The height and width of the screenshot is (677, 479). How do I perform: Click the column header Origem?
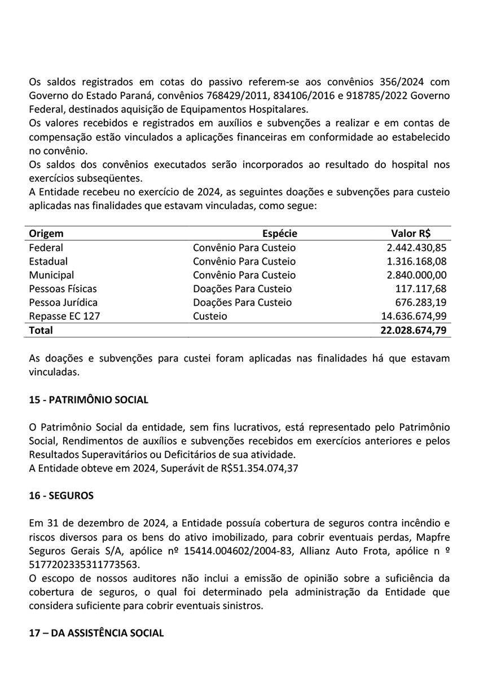click(46, 234)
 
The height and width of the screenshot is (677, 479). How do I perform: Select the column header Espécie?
click(279, 234)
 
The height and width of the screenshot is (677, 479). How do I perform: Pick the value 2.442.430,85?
click(416, 248)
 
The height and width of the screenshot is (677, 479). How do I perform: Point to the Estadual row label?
click(48, 261)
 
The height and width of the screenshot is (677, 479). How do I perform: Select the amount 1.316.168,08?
click(416, 261)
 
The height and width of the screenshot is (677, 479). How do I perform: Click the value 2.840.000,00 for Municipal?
click(416, 275)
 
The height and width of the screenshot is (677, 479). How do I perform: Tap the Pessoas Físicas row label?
click(63, 289)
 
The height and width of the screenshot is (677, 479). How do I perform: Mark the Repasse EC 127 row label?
click(64, 316)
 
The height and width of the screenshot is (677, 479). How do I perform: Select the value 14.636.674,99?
click(414, 316)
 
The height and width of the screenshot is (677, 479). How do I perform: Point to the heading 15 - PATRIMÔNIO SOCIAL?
click(89, 400)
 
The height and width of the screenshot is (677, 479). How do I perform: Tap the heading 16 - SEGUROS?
click(61, 496)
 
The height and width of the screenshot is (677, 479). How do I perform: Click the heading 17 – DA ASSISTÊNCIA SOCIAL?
click(96, 633)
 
